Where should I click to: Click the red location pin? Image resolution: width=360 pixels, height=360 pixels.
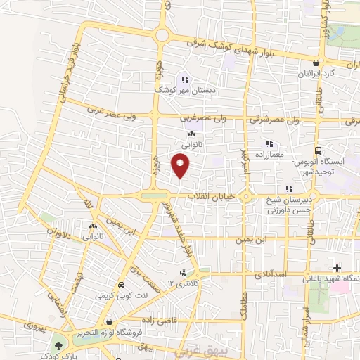tap(181, 166)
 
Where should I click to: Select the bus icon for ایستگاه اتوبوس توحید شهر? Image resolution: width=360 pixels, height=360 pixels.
tap(319, 151)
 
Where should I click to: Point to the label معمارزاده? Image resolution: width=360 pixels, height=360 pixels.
tap(269, 153)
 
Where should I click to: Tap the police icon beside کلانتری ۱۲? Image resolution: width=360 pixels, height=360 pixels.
tap(184, 273)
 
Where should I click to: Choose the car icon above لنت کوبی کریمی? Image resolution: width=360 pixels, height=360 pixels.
tap(122, 286)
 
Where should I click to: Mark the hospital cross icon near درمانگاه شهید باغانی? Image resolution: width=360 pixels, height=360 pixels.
tap(338, 268)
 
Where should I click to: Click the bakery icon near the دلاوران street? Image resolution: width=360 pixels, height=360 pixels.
tap(93, 227)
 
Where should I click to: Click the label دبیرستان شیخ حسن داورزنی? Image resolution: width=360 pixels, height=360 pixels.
tap(287, 204)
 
